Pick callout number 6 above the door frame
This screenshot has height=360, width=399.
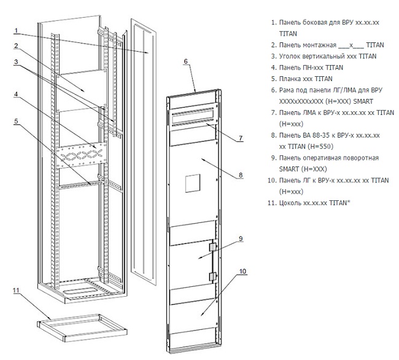tap(185, 61)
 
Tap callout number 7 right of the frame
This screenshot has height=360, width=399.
tap(241, 138)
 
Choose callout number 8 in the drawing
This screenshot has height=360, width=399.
tap(241, 175)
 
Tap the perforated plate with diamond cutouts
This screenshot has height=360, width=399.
tap(81, 154)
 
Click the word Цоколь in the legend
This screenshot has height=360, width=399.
tap(292, 202)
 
